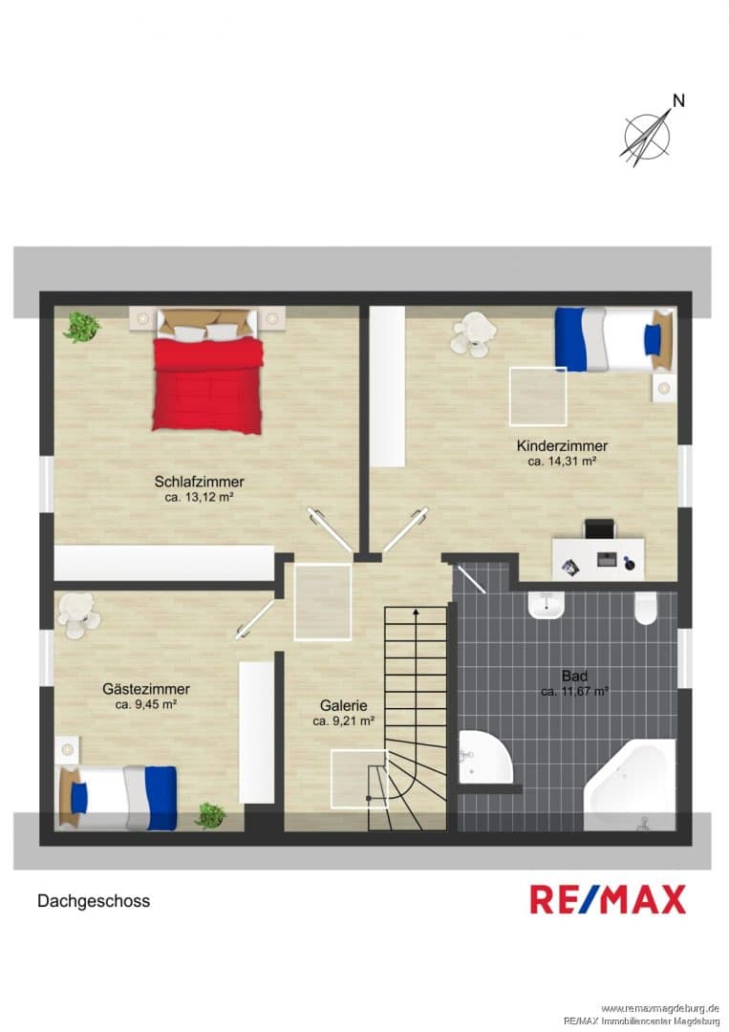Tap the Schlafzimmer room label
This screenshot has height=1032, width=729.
point(200,481)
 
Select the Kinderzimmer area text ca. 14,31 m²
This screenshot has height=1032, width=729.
point(562,462)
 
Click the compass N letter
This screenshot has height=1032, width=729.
point(678,100)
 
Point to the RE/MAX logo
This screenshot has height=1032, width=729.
point(608,900)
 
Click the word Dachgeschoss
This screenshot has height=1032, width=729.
point(94,901)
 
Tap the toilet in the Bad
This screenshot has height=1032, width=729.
point(646,608)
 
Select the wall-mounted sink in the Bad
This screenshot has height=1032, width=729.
point(547,605)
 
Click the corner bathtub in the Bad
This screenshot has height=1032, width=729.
point(631,785)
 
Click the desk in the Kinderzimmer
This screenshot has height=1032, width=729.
point(598,558)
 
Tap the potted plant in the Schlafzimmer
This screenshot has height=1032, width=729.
point(81,327)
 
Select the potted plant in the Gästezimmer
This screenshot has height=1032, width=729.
point(210,815)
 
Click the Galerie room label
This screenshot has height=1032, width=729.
point(343,705)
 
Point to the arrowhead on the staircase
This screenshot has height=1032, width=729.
point(416,613)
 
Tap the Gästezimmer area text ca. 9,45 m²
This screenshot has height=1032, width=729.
point(146,705)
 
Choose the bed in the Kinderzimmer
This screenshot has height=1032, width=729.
point(614,339)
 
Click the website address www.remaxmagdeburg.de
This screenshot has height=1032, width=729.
point(660,1008)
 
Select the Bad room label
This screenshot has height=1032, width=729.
point(574,676)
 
